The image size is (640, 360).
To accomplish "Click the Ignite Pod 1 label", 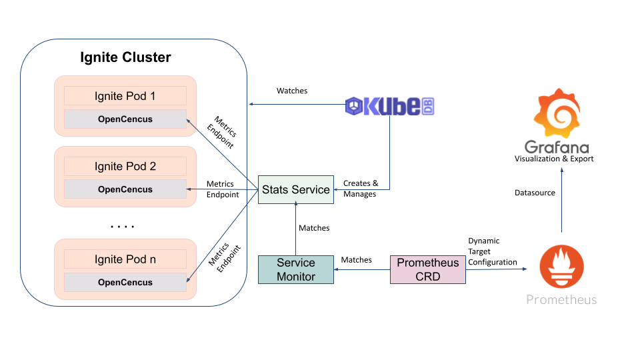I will click(125, 96).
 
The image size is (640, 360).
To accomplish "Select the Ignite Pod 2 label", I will click(125, 166).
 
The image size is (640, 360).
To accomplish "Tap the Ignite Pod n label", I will click(125, 259).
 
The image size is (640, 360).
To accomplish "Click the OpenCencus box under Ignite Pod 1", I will click(125, 119).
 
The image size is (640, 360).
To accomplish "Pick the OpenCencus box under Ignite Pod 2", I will click(125, 189).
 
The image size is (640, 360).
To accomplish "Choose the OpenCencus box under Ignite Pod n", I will click(125, 282).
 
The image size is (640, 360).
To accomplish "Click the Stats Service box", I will click(295, 189).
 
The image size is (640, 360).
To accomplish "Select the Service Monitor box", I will click(295, 269).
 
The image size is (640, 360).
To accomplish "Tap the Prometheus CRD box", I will click(427, 269).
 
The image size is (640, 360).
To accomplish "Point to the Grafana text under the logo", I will click(557, 147).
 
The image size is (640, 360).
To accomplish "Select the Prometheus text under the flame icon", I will click(561, 300).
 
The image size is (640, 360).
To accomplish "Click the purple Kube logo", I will click(390, 106).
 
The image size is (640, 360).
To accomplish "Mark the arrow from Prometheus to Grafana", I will click(561, 200).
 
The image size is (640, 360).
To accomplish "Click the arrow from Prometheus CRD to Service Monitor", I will click(362, 269).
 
